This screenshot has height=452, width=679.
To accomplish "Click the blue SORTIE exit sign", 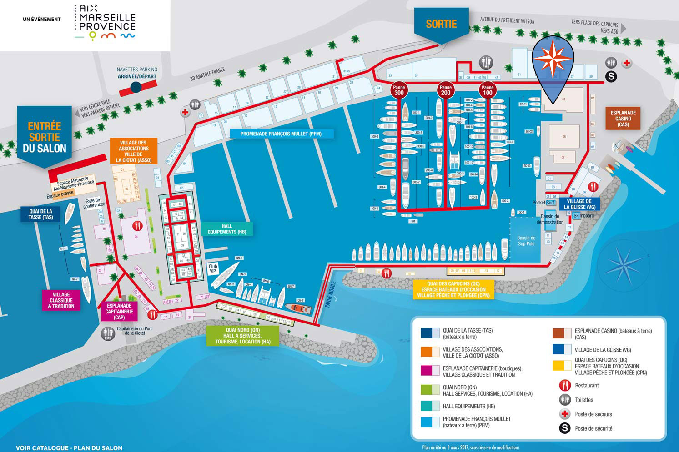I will [x=441, y=24].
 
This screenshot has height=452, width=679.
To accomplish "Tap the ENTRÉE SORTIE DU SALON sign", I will [x=45, y=137].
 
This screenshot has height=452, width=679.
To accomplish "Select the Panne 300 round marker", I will [x=399, y=90].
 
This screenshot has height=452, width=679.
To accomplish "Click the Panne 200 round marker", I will [x=445, y=90].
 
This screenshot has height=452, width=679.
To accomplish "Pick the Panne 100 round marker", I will [x=488, y=90].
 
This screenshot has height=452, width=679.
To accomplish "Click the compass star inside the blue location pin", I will [x=553, y=58].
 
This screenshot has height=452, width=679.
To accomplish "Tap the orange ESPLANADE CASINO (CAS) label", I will [x=623, y=119].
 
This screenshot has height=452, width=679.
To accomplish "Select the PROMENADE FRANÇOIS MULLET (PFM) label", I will [x=281, y=134].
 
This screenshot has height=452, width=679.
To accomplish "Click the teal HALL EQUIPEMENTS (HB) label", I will [x=226, y=229].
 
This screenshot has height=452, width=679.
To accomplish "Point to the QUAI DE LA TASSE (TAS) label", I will [x=41, y=214].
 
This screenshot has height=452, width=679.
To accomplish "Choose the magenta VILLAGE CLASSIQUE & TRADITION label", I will [x=61, y=300].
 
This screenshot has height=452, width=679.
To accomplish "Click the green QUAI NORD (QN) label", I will [x=243, y=336].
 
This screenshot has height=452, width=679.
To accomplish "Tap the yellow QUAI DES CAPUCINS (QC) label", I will [x=453, y=289].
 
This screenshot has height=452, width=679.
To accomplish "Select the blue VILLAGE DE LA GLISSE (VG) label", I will [x=579, y=204].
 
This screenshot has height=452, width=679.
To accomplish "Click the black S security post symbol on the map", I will [x=611, y=76].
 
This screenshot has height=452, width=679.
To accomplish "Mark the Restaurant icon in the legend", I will [x=565, y=386].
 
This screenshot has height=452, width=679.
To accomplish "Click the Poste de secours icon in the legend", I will [x=565, y=414].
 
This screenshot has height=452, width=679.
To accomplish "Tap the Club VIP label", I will [x=213, y=269].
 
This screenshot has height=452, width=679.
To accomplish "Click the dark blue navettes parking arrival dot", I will [x=136, y=86].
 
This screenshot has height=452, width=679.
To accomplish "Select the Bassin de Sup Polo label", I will [x=526, y=241].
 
